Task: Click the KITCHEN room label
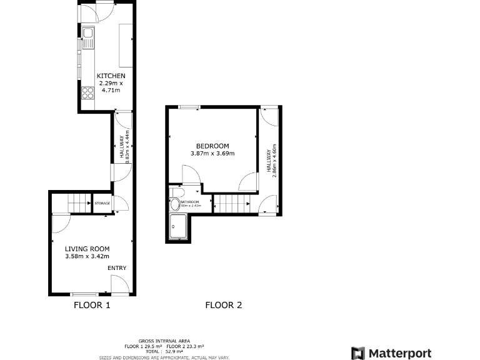click(106, 76)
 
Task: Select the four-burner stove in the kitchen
click(87, 93)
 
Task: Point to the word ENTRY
click(116, 268)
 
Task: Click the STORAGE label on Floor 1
click(102, 203)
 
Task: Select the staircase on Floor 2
click(232, 203)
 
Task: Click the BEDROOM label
click(212, 146)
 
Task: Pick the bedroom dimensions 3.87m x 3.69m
click(212, 154)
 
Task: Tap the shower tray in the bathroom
click(178, 227)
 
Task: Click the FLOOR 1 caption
click(92, 306)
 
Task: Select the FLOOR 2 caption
click(223, 306)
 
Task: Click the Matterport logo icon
click(357, 353)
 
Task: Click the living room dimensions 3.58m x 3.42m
click(87, 256)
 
